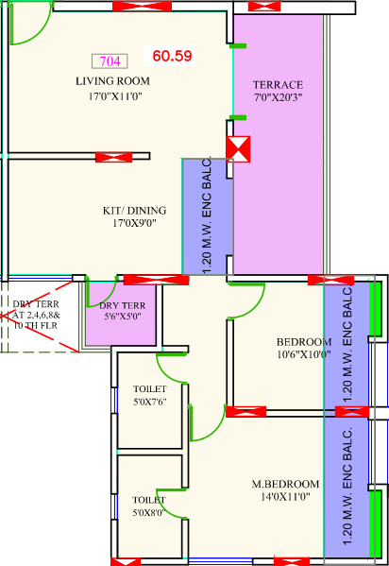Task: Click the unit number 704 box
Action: pyautogui.click(x=110, y=61)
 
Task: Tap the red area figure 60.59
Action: pyautogui.click(x=172, y=56)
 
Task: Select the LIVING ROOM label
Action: pyautogui.click(x=112, y=81)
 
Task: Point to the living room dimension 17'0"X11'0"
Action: pyautogui.click(x=115, y=96)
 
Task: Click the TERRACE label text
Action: pyautogui.click(x=278, y=85)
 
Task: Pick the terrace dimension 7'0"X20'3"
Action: pyautogui.click(x=278, y=97)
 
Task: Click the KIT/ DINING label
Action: pyautogui.click(x=135, y=211)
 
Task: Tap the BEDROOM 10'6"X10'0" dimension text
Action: pyautogui.click(x=304, y=354)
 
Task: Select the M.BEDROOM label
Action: pyautogui.click(x=285, y=484)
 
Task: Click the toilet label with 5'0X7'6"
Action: pyautogui.click(x=150, y=389)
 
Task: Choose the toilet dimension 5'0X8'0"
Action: pyautogui.click(x=148, y=512)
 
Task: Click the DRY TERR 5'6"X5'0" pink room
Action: pyautogui.click(x=121, y=314)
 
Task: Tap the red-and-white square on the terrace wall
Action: pyautogui.click(x=238, y=149)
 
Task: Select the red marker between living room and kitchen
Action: pyautogui.click(x=113, y=157)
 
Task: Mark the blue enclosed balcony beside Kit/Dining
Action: pyautogui.click(x=208, y=216)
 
